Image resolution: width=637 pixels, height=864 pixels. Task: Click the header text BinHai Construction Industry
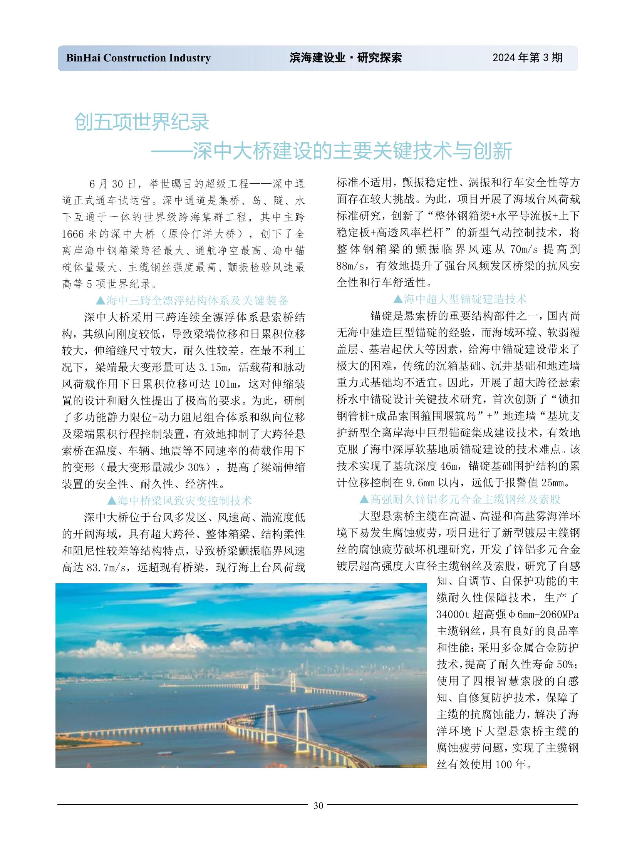coord(138,58)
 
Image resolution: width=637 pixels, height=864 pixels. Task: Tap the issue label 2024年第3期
coord(527,58)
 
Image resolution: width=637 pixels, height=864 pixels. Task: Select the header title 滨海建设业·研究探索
coord(345,58)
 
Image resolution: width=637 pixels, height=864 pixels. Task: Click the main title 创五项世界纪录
coord(141,122)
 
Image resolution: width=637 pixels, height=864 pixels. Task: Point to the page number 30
coord(318,805)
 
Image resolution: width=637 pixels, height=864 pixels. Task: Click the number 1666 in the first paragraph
coord(72,234)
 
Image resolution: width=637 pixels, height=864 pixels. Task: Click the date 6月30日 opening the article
coord(112,184)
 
